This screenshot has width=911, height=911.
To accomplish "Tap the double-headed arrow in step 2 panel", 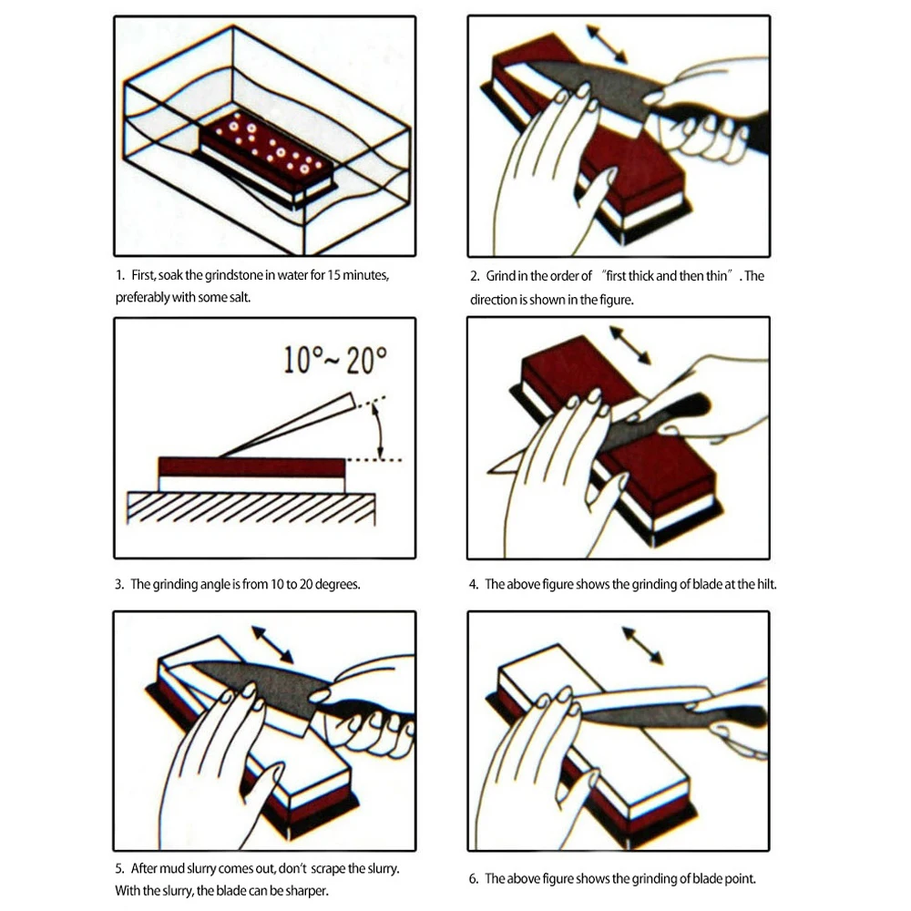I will [x=606, y=44].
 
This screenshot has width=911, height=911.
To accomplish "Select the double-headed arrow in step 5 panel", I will [x=272, y=644].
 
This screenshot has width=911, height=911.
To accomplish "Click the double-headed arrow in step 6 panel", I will [x=642, y=645].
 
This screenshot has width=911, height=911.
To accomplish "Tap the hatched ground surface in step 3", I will [x=251, y=507].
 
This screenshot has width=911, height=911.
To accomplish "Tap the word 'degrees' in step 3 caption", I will [x=335, y=584].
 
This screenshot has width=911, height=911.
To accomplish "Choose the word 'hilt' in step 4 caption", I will [x=763, y=584].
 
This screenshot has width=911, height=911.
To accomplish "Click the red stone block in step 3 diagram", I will [x=251, y=466].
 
